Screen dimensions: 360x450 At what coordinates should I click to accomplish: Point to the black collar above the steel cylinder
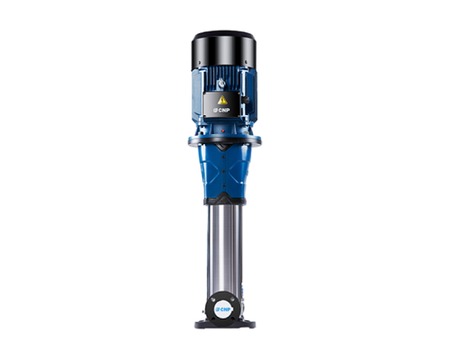tap(224, 199)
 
